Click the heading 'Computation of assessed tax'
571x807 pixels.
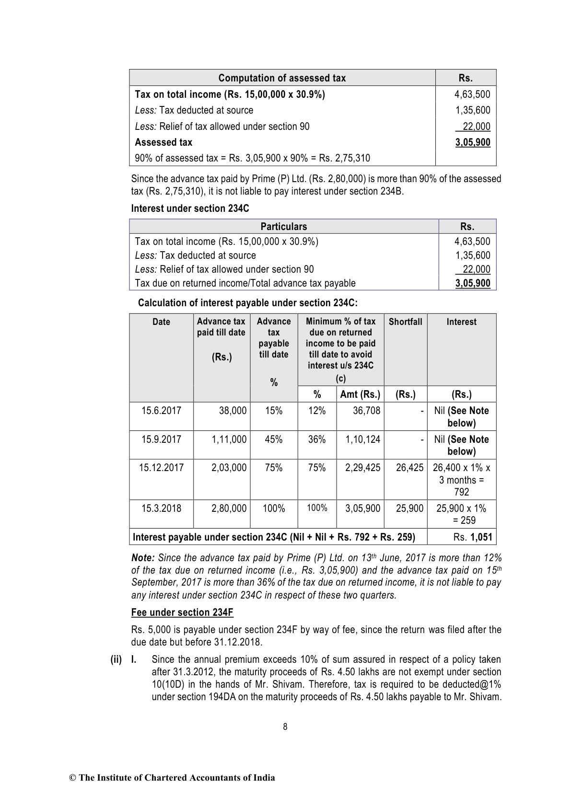[282, 78]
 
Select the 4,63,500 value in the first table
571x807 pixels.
[472, 94]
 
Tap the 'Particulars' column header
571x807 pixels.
[283, 227]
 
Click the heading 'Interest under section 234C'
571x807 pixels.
[190, 208]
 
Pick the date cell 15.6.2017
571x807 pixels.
[161, 411]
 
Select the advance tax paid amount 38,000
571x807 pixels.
[233, 411]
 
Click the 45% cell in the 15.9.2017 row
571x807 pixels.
[273, 439]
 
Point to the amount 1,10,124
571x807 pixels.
[362, 439]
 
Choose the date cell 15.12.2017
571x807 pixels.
[161, 468]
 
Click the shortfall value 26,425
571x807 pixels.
[409, 468]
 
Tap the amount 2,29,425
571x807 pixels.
[362, 468]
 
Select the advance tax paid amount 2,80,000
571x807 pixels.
[229, 508]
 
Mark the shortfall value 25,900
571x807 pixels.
[409, 508]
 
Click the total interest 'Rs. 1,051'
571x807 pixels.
[473, 537]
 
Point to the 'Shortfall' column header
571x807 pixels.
[405, 322]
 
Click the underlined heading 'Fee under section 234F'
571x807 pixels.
[182, 612]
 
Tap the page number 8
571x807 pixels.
[285, 727]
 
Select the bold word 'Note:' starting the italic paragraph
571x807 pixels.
[143, 558]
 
